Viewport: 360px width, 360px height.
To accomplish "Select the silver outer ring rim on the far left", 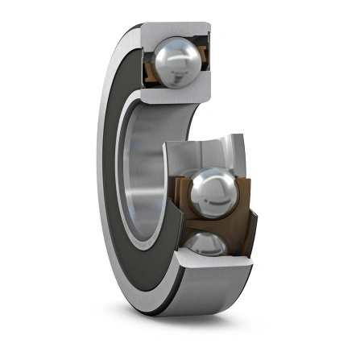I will pyautogui.click(x=103, y=161).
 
